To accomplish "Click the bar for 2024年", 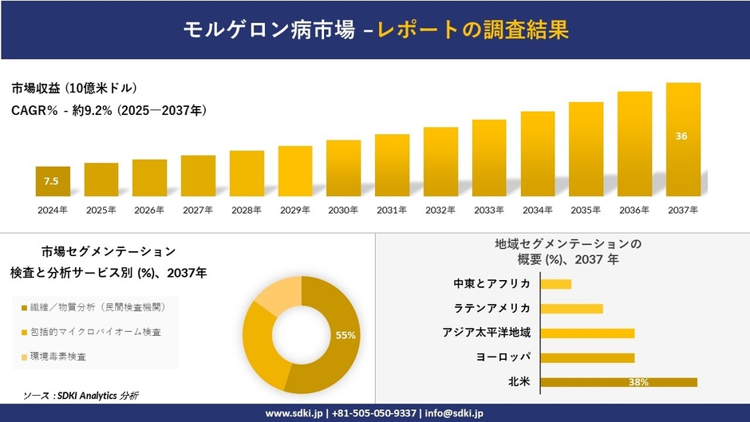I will (x=53, y=181).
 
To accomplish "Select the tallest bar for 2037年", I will (x=683, y=139).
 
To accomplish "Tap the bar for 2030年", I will (x=343, y=168).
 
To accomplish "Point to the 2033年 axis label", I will (x=489, y=210).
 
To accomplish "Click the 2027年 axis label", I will (x=198, y=210).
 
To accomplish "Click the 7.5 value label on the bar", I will (x=52, y=182).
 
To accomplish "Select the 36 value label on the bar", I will (x=681, y=136).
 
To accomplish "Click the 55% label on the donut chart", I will (x=345, y=336).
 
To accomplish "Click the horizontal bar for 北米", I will (x=618, y=382).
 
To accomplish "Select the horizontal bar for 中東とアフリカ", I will (x=556, y=284).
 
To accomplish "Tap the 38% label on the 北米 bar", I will (x=638, y=382).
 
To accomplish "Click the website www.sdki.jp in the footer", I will (x=294, y=413).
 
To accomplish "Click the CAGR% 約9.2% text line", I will (x=109, y=111).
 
